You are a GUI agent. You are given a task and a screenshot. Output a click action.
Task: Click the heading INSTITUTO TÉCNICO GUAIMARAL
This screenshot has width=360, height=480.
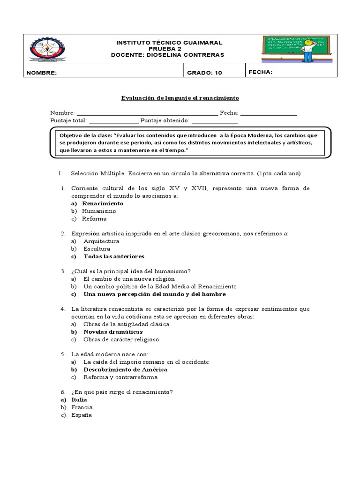coord(169,43)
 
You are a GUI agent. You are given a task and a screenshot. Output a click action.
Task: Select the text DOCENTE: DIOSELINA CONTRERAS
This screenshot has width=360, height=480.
coord(167,55)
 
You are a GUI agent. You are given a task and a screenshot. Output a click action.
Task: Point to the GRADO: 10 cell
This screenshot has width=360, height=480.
coord(204,73)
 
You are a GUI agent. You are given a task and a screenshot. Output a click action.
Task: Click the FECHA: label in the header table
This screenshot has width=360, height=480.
coord(261,72)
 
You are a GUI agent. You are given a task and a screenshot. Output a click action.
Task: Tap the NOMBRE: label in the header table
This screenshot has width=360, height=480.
coord(42,73)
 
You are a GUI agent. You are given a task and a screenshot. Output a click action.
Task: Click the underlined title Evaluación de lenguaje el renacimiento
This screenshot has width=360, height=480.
coord(180,98)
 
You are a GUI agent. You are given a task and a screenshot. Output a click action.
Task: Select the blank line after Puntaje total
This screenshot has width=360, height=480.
coord(113,120)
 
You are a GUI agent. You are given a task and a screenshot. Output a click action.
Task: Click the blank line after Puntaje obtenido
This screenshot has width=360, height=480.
coord(214,120)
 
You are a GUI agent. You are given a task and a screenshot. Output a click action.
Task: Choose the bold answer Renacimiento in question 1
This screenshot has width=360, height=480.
coord(103,203)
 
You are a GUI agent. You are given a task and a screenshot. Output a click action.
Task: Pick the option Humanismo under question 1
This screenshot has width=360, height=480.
coord(99,211)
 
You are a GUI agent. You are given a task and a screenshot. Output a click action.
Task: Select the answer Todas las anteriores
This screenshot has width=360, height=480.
coord(114,256)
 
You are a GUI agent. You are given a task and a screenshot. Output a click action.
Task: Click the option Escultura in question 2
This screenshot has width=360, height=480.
coord(97,249)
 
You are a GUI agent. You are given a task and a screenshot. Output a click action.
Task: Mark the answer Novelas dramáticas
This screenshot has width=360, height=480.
coord(113,332)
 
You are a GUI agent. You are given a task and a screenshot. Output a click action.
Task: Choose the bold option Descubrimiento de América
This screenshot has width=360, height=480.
coord(125,369)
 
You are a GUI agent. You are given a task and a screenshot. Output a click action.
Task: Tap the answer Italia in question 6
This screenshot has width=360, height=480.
coord(79,400)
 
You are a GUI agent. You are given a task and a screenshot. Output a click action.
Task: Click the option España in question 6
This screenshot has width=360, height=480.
coord(82,415)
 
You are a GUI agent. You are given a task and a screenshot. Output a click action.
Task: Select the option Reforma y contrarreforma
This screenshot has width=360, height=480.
coord(120,377)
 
